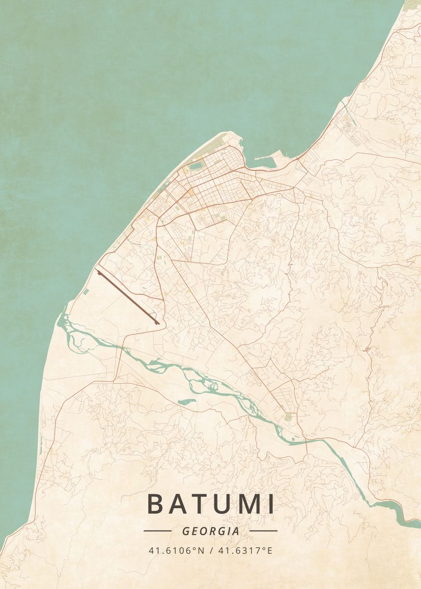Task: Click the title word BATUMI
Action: tap(210, 504)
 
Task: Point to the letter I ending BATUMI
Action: tap(271, 504)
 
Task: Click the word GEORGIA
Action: tap(210, 531)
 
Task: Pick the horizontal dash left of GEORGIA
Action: tap(157, 531)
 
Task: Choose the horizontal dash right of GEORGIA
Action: tap(263, 531)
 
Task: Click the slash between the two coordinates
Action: tap(210, 550)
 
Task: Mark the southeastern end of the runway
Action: tap(157, 322)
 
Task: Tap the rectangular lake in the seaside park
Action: tap(196, 166)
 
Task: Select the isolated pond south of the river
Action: tap(187, 402)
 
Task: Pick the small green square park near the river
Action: tap(288, 417)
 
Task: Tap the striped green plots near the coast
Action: tap(86, 292)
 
